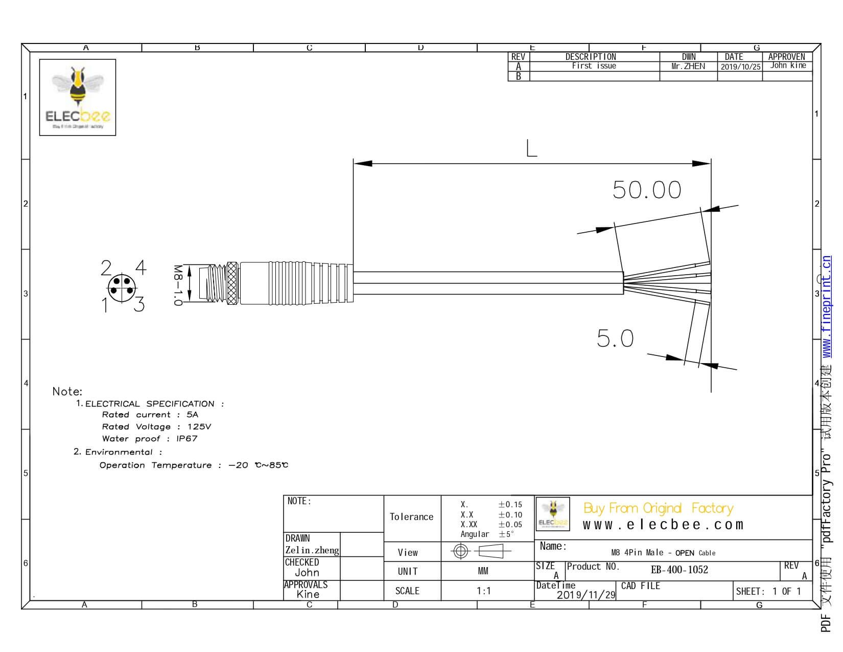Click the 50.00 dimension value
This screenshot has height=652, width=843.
pyautogui.click(x=647, y=190)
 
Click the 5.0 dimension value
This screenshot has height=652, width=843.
pyautogui.click(x=615, y=339)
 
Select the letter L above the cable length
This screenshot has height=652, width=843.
pyautogui.click(x=531, y=149)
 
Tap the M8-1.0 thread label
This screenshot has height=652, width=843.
pyautogui.click(x=177, y=285)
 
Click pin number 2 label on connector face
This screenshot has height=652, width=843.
pyautogui.click(x=106, y=268)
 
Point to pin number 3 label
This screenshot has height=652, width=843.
pyautogui.click(x=139, y=305)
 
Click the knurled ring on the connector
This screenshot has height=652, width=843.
pyautogui.click(x=232, y=283)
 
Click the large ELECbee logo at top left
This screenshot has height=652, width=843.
pyautogui.click(x=78, y=97)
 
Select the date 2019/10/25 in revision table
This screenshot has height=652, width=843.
pyautogui.click(x=740, y=66)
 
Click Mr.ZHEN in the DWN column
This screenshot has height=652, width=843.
pyautogui.click(x=688, y=66)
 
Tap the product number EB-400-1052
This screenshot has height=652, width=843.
pyautogui.click(x=680, y=570)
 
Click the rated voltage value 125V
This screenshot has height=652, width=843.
pyautogui.click(x=199, y=426)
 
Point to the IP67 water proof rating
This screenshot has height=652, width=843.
pyautogui.click(x=186, y=439)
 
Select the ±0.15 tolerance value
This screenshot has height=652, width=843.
pyautogui.click(x=510, y=505)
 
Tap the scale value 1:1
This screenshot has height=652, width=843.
pyautogui.click(x=483, y=591)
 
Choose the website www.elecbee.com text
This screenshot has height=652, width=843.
pyautogui.click(x=663, y=525)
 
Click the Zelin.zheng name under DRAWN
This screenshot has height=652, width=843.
pyautogui.click(x=312, y=550)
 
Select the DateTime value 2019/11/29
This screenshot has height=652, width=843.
pyautogui.click(x=586, y=595)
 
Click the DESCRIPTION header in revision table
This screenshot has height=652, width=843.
pyautogui.click(x=591, y=57)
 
